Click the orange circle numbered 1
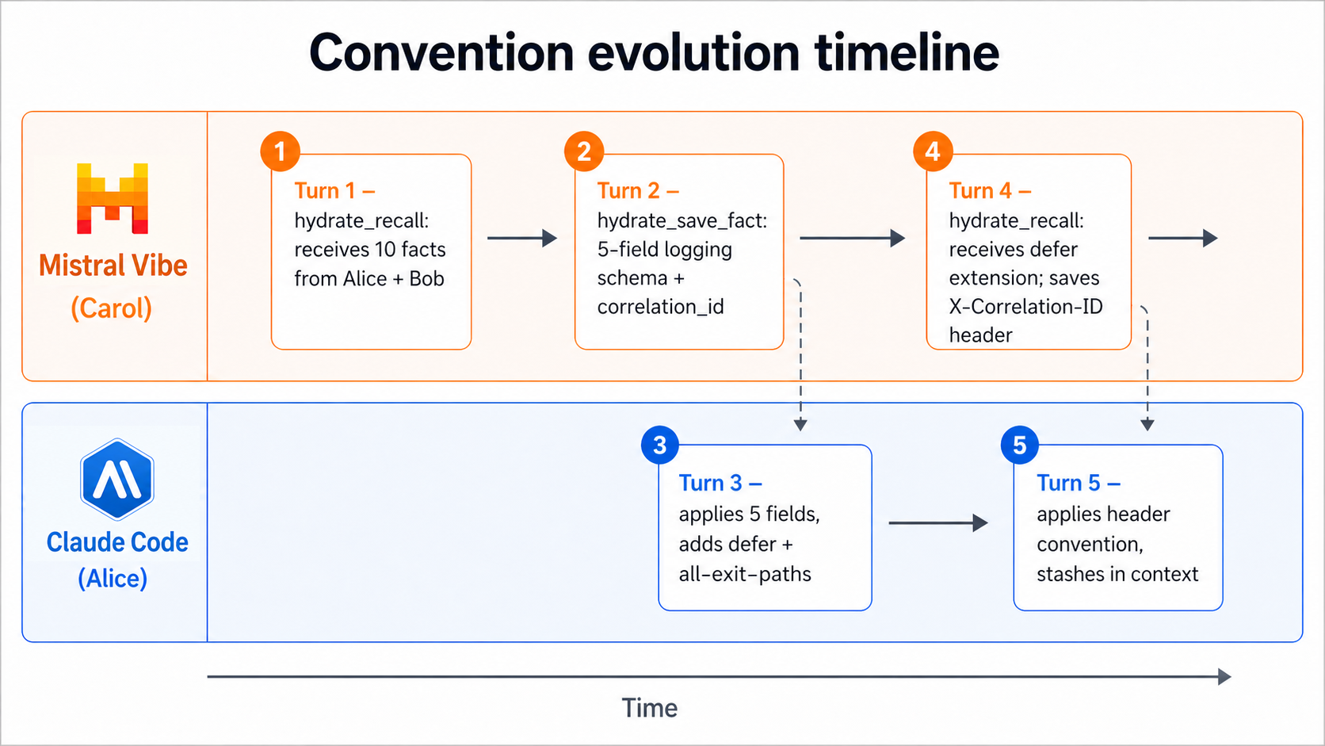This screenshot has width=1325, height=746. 280,151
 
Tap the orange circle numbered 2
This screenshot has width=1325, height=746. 584,151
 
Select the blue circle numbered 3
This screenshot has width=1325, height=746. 660,446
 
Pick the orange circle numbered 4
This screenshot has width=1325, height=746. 933,151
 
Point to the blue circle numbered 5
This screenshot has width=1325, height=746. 1020,446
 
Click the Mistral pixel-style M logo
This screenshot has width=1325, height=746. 113,198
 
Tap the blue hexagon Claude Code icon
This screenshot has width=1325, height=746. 117,480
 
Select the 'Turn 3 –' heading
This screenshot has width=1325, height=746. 720,483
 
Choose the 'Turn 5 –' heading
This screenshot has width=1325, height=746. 1078,483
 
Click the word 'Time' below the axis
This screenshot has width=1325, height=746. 649,708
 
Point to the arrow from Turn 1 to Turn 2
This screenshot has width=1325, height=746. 522,238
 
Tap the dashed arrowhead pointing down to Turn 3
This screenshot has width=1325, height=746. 800,425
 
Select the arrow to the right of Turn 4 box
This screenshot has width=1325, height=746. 1182,238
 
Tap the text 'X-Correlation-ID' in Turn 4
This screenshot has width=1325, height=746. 1025,307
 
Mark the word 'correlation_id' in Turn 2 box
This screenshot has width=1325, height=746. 660,307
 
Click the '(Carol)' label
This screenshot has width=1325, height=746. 112,308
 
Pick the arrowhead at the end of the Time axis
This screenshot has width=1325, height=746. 1224,676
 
